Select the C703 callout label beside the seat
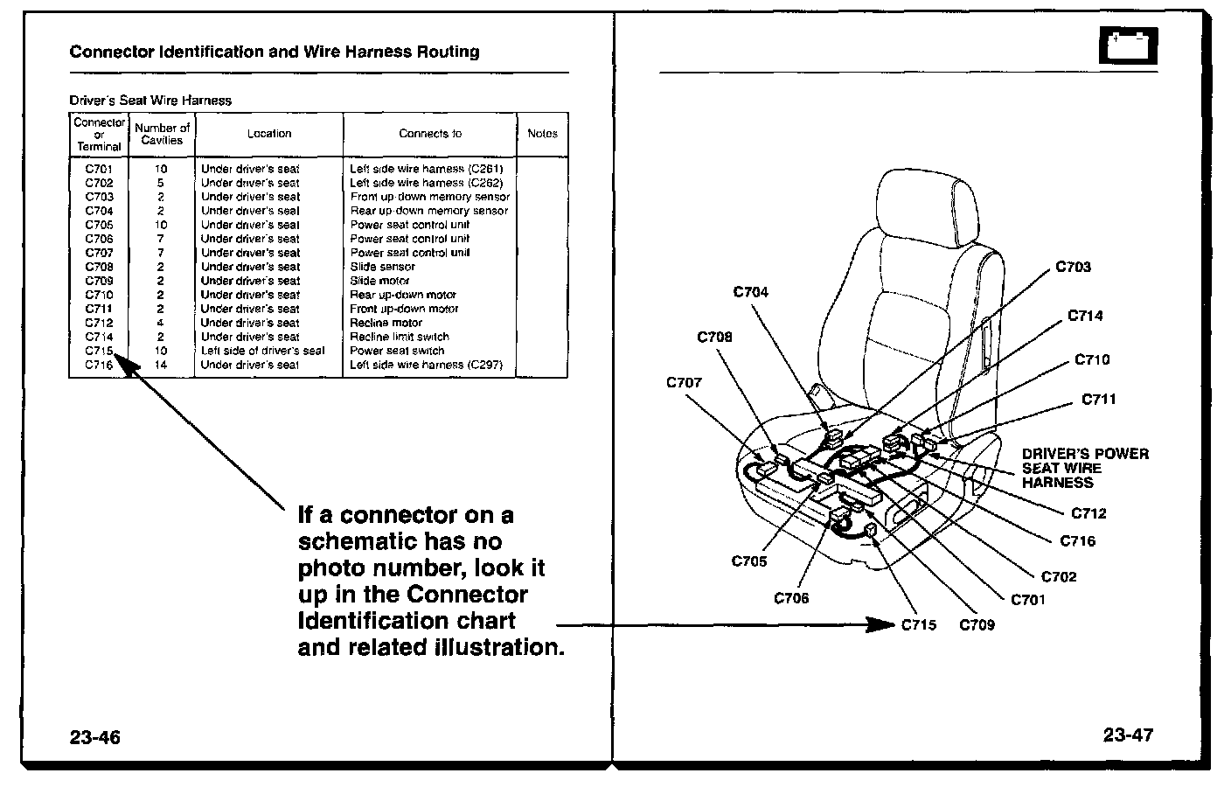click(x=1073, y=267)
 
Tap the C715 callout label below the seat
click(x=918, y=625)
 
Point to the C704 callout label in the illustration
click(x=750, y=292)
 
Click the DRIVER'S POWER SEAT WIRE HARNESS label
click(x=1085, y=468)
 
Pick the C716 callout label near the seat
click(x=1077, y=541)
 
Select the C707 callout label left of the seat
click(x=684, y=382)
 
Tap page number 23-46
click(x=95, y=737)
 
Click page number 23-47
click(x=1128, y=735)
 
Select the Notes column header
click(x=542, y=134)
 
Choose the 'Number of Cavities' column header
click(x=162, y=134)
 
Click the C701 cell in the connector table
click(x=99, y=169)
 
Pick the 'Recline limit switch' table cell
click(x=400, y=337)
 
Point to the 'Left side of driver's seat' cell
click(x=262, y=351)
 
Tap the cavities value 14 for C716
click(x=161, y=365)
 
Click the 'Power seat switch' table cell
click(x=397, y=351)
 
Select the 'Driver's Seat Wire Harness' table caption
click(x=150, y=101)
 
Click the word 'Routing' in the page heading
click(x=448, y=52)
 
